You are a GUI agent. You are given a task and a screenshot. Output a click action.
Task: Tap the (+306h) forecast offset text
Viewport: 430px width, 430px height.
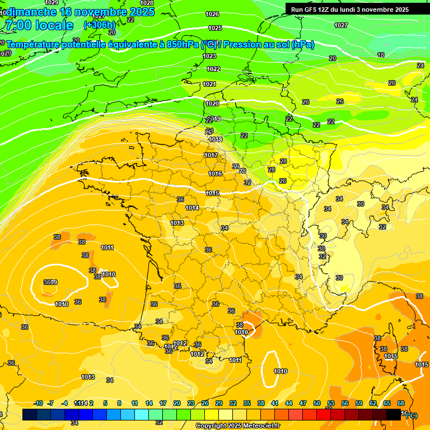(x=100, y=25)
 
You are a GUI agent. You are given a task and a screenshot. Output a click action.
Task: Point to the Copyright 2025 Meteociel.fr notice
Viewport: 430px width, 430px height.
(x=239, y=426)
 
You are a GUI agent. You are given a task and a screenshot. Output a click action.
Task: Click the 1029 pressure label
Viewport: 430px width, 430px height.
(x=51, y=3)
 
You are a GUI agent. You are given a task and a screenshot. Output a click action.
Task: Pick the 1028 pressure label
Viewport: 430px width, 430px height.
(x=147, y=3)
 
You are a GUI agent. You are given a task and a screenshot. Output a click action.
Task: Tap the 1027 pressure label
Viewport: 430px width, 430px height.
(x=340, y=25)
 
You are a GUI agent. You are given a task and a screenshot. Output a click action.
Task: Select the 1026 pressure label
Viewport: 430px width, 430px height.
(x=212, y=14)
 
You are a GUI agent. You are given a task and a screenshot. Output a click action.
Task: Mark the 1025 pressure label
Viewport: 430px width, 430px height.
(x=215, y=28)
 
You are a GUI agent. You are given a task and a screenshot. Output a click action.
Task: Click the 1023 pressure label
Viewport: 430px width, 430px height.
(x=209, y=56)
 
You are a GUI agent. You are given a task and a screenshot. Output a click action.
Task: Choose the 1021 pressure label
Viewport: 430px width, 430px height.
(x=209, y=84)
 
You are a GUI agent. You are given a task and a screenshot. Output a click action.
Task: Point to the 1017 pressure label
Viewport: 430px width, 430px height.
(x=211, y=155)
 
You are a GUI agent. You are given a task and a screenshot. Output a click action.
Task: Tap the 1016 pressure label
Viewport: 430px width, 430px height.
(x=215, y=174)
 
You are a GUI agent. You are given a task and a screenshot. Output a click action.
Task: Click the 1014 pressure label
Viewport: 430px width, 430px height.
(x=192, y=208)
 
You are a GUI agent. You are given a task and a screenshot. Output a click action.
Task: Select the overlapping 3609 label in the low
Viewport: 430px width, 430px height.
(x=50, y=282)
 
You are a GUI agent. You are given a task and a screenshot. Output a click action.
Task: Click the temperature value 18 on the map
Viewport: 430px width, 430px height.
(x=381, y=55)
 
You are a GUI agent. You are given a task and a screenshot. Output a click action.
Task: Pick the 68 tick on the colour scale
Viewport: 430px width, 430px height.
(x=401, y=403)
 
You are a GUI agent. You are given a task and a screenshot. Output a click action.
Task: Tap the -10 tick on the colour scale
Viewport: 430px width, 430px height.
(x=38, y=403)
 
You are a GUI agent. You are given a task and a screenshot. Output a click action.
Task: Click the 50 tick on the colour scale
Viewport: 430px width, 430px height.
(x=317, y=403)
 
